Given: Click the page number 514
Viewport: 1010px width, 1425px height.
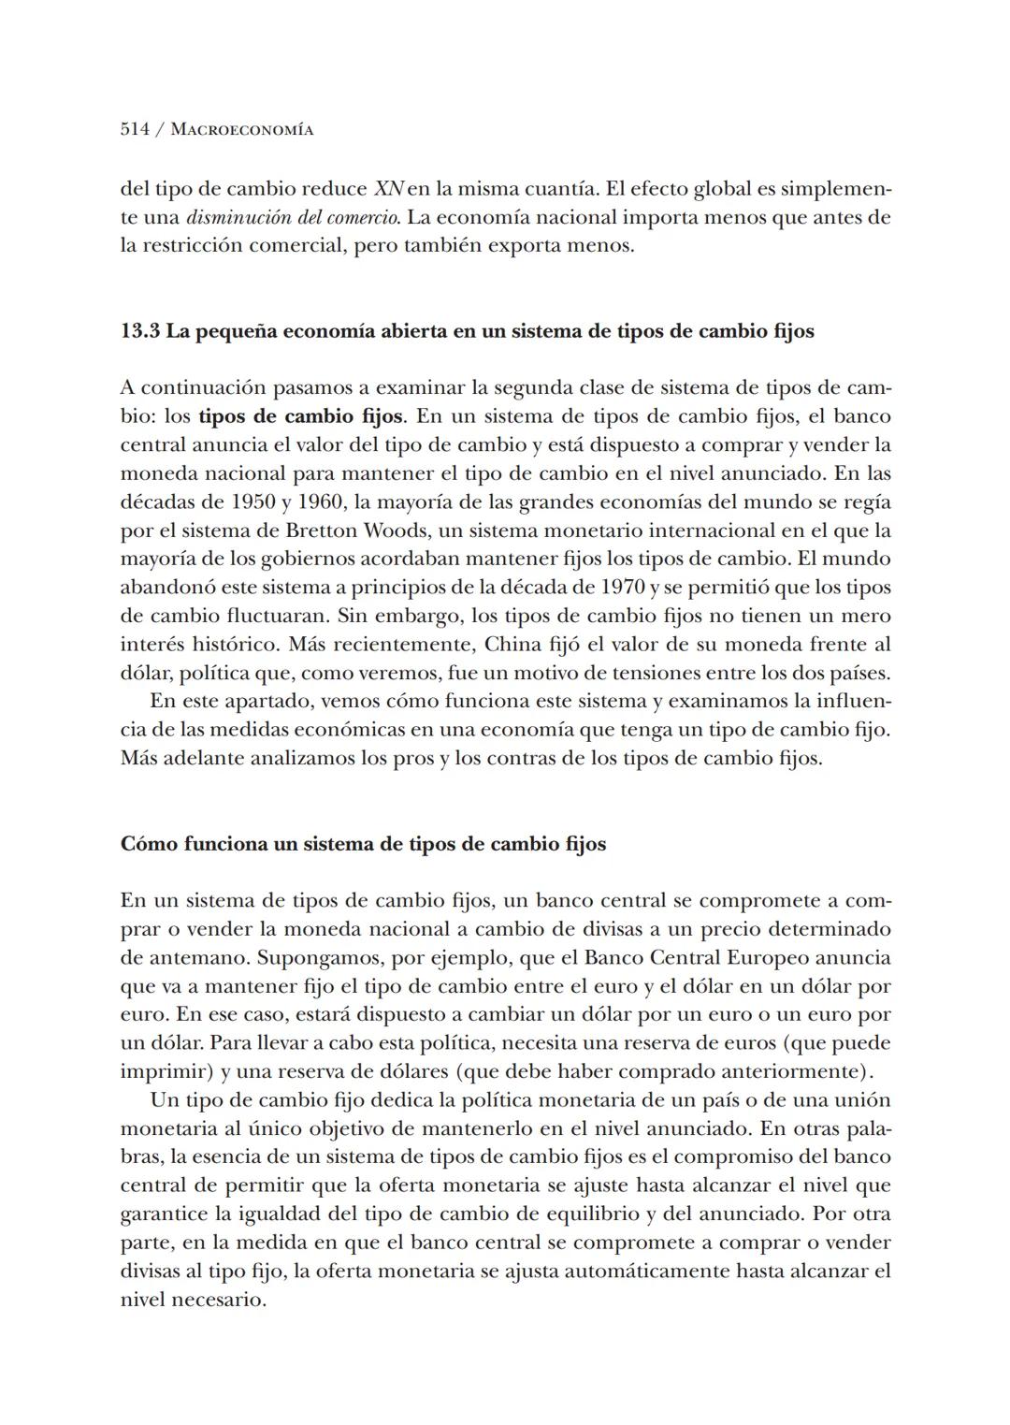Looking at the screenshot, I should (135, 129).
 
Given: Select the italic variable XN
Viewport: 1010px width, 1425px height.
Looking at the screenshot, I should (388, 189).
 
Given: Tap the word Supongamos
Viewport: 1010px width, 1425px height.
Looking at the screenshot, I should (315, 958).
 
